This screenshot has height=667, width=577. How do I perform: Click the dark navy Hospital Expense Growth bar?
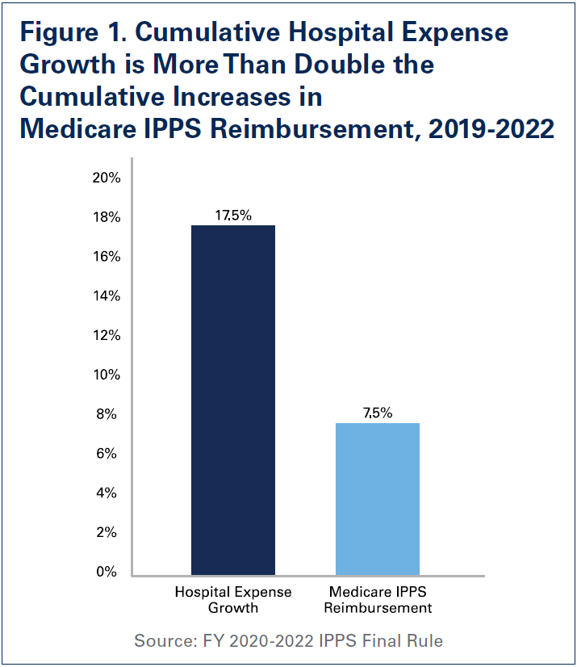(x=232, y=400)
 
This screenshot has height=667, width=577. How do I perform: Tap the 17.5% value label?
(x=232, y=216)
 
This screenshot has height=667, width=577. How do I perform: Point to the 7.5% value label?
(x=378, y=413)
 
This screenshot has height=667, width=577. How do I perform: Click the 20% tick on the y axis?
(x=106, y=178)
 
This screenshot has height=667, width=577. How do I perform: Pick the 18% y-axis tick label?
(x=106, y=218)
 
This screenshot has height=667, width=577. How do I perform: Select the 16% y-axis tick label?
(x=106, y=257)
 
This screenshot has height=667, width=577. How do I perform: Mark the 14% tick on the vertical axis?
(x=106, y=296)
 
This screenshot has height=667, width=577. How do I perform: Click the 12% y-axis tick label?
(x=106, y=336)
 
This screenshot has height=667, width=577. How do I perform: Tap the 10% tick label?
(x=106, y=375)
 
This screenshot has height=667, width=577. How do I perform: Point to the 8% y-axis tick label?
(x=109, y=415)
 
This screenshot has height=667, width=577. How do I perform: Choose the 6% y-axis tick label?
(x=109, y=454)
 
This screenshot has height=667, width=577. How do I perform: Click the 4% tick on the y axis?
(x=109, y=493)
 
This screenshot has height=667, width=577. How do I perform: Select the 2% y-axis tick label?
(x=109, y=533)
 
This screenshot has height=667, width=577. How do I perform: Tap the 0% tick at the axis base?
(x=109, y=573)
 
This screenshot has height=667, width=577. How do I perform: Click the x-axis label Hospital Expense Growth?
(x=232, y=600)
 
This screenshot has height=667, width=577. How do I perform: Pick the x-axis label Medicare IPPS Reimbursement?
(x=378, y=600)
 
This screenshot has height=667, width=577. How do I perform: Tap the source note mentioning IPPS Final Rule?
(x=288, y=641)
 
